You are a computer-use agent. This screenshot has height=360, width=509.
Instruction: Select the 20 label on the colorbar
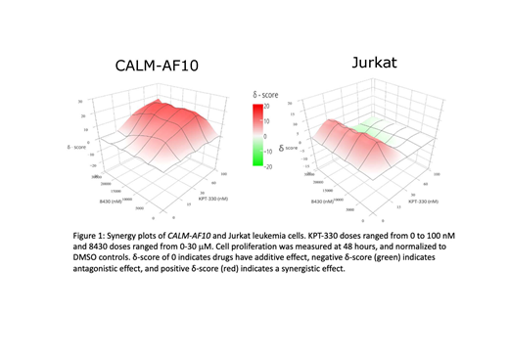click(265, 106)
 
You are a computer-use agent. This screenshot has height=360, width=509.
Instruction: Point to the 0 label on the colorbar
click(264, 136)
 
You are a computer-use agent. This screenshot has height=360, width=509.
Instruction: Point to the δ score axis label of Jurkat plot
click(291, 148)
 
